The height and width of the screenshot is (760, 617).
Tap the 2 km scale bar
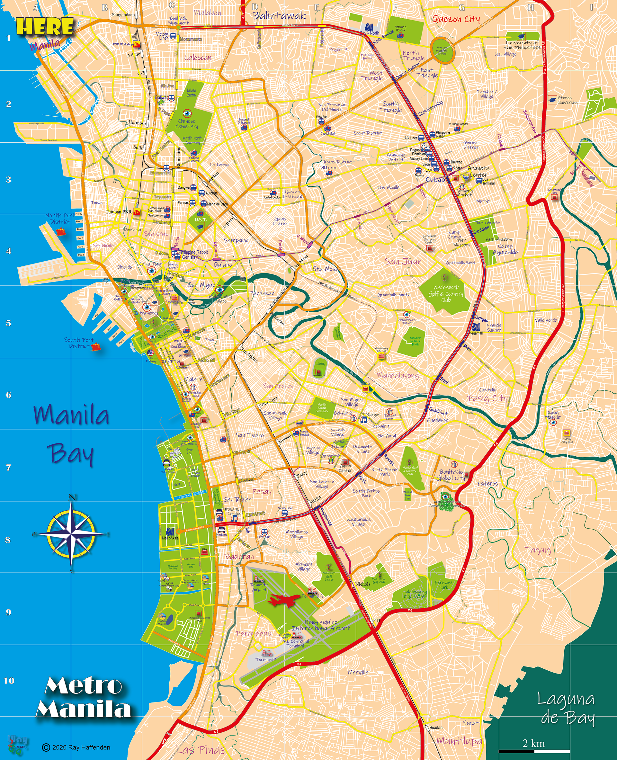(534, 751)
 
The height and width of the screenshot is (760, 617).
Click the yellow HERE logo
(45, 27)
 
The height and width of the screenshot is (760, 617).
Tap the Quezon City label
(456, 19)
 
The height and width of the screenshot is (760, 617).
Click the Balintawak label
(279, 16)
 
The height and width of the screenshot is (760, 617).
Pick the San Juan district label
(403, 262)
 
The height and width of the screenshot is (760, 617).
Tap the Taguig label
(538, 550)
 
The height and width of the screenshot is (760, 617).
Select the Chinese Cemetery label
(187, 124)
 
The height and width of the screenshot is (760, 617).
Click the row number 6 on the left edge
(8, 395)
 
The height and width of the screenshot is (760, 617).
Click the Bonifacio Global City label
(451, 475)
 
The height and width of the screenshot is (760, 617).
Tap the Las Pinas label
(201, 750)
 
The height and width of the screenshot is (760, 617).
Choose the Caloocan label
(198, 58)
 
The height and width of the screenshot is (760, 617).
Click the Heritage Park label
(443, 585)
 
